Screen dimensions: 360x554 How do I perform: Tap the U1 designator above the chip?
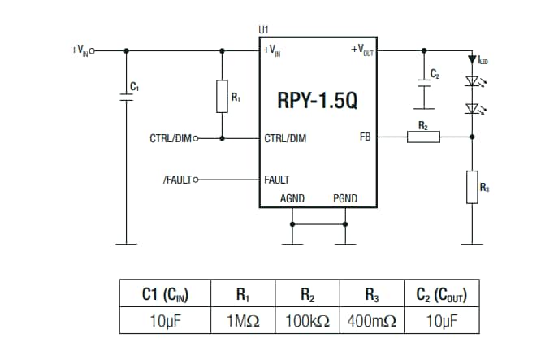point(264,30)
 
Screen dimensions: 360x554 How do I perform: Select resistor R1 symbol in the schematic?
point(222,96)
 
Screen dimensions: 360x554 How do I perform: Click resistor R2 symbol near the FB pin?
point(422,137)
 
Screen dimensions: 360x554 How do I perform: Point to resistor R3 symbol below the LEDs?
point(471,187)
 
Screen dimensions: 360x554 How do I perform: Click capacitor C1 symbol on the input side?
point(126,97)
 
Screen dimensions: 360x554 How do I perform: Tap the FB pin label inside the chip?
point(365,137)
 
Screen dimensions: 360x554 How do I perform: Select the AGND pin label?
point(292,198)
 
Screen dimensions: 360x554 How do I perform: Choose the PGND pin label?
point(344,198)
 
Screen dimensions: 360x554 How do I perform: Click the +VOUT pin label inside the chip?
point(361,50)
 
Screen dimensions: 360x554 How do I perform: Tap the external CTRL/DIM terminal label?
point(169,138)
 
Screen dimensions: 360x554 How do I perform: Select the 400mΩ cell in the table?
point(370,321)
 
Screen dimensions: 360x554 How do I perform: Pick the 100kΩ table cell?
point(307,321)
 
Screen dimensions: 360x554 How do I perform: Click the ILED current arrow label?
point(483,59)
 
